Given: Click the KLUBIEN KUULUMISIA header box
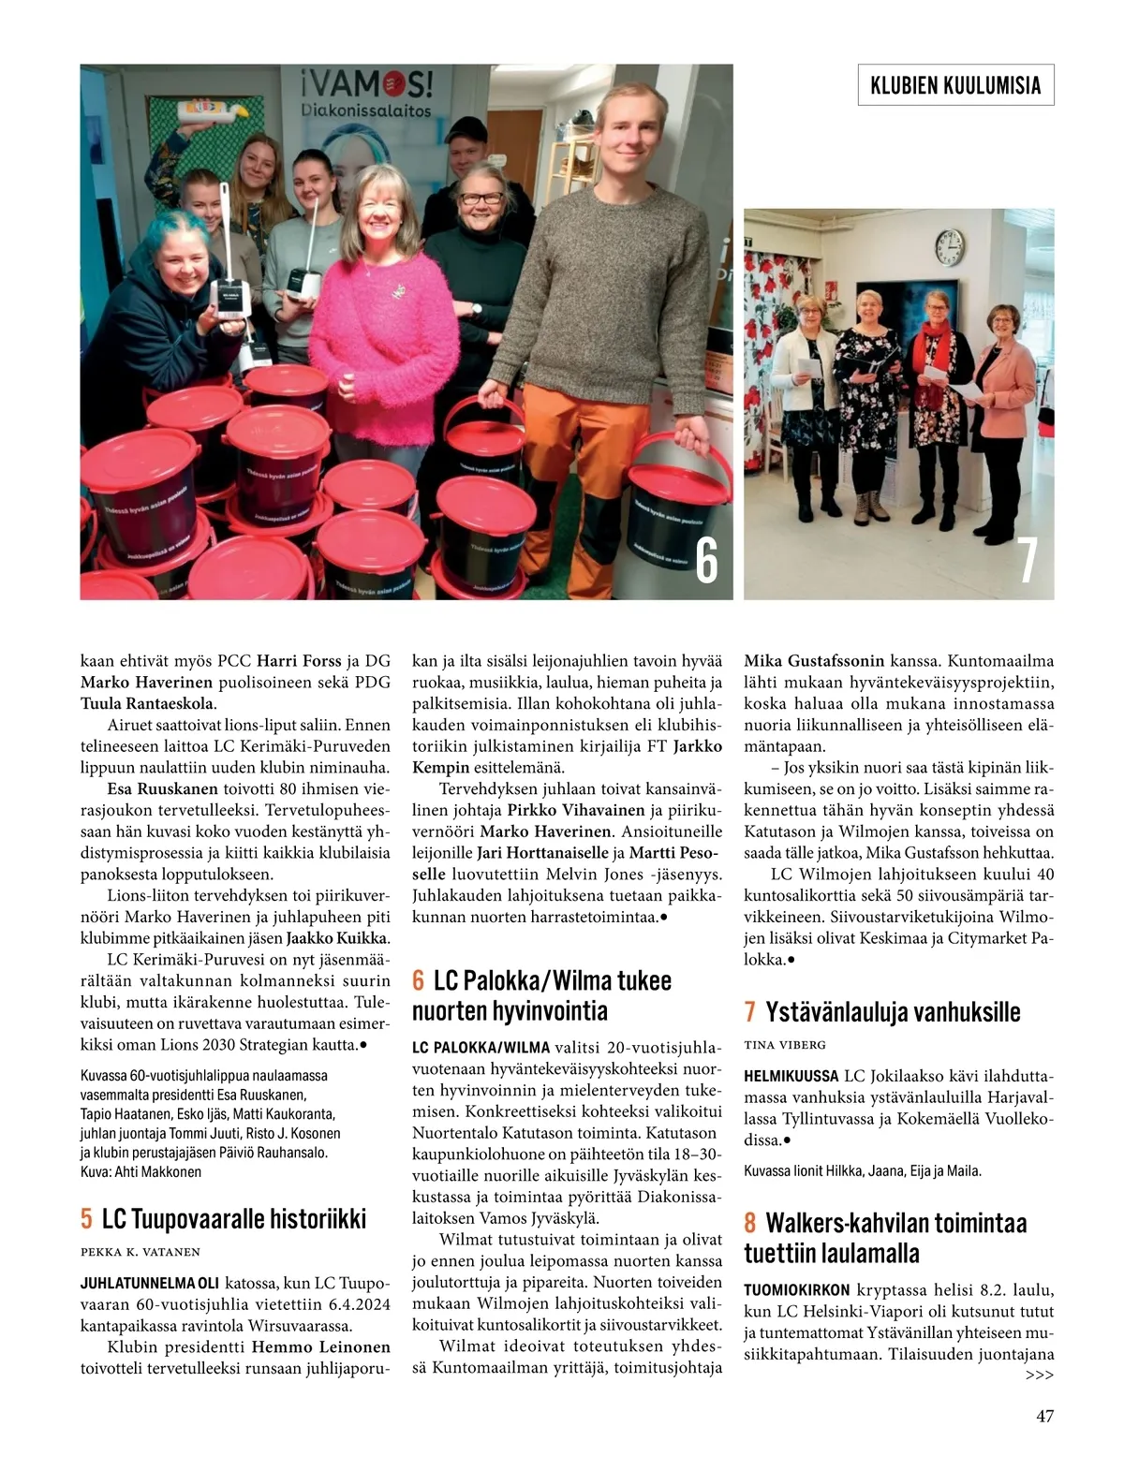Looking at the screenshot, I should point(955,85).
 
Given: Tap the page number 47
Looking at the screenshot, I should point(1044,1416).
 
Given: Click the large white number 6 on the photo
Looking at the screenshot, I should point(706,561).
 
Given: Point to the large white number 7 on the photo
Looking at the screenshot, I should point(1028,561).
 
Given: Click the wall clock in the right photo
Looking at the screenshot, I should point(949,246).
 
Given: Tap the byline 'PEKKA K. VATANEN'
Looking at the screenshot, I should point(140,1252).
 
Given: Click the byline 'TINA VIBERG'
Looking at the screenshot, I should point(785,1044).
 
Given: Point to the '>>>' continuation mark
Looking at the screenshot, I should point(1039,1375).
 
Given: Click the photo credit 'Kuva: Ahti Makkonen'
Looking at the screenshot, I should point(140,1171).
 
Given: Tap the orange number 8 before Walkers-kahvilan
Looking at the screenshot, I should point(750,1223).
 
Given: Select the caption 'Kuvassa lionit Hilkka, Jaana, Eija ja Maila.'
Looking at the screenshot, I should point(863,1170).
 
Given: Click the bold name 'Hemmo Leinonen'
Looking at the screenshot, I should point(320,1346).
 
